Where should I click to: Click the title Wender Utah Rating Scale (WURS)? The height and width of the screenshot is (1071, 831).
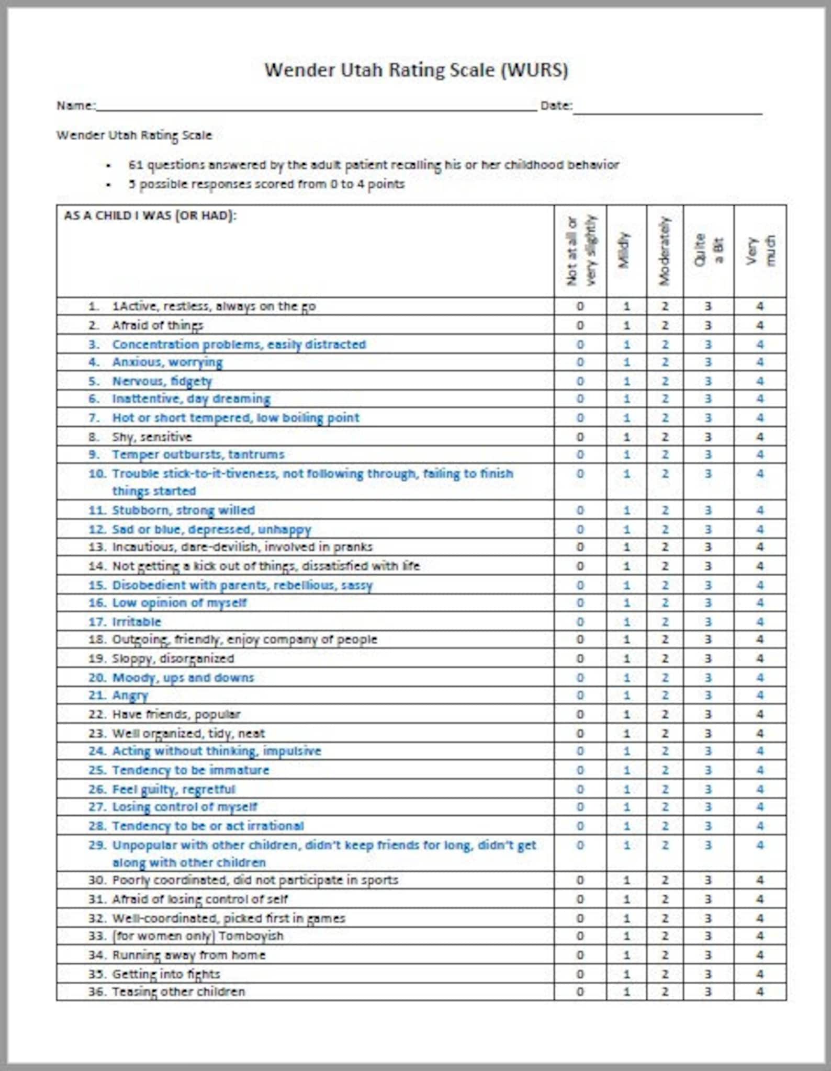[x=416, y=70]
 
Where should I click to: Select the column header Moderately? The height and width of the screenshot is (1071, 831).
[x=665, y=251]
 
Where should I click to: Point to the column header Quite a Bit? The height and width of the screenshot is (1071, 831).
[x=709, y=251]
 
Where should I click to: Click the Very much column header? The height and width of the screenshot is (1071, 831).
[x=760, y=251]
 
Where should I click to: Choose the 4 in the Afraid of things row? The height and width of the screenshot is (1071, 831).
[x=760, y=325]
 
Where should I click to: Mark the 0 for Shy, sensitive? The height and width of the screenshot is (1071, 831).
[x=580, y=437]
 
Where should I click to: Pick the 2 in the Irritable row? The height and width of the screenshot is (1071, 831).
[x=665, y=622]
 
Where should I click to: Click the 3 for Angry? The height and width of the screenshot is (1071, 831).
[x=708, y=695]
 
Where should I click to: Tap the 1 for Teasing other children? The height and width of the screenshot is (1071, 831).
[x=626, y=992]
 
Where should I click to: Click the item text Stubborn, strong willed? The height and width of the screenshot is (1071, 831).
[x=183, y=510]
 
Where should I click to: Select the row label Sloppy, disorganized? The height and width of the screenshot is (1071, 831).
[x=173, y=658]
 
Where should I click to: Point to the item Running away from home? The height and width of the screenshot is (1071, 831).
[x=188, y=955]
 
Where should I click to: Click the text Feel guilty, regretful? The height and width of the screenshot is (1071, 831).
[x=174, y=789]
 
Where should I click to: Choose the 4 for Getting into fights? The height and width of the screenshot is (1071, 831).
[x=760, y=974]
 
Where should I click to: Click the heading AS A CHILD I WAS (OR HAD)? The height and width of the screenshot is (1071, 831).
[x=150, y=216]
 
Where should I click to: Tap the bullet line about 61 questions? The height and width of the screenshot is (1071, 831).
[x=373, y=165]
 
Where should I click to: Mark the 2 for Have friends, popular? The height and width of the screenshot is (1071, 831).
[x=665, y=714]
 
